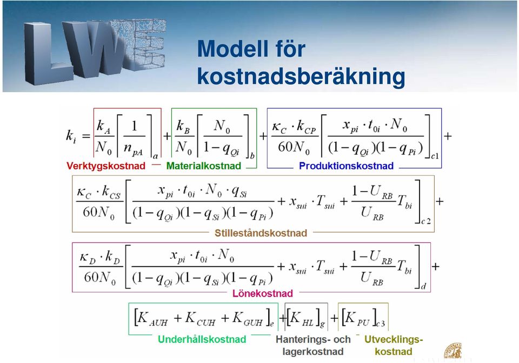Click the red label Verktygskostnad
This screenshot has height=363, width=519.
click(x=106, y=166)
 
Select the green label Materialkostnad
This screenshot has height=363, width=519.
click(x=204, y=166)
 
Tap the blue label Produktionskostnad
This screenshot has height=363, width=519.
click(x=346, y=166)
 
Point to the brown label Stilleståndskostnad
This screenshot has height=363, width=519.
click(x=261, y=233)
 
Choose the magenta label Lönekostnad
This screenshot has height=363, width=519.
click(x=263, y=293)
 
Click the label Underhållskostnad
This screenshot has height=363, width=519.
click(x=202, y=339)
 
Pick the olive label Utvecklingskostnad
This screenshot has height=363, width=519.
click(x=394, y=345)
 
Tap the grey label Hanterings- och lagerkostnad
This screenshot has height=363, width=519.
click(x=313, y=345)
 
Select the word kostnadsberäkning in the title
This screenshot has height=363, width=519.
click(x=301, y=77)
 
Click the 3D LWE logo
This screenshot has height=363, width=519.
click(x=95, y=49)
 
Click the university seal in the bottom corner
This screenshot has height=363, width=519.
click(x=453, y=351)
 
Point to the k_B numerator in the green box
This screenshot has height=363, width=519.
click(x=183, y=127)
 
